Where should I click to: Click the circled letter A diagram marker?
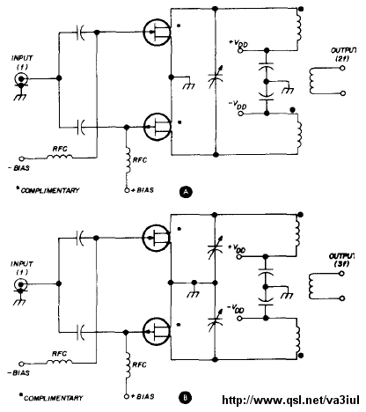tap(186, 192)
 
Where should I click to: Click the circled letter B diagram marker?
tap(185, 398)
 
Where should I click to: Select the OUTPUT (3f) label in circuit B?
tap(342, 260)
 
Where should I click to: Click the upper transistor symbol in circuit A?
tap(157, 32)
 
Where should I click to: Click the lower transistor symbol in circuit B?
tap(156, 332)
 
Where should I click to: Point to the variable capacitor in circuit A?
tap(216, 77)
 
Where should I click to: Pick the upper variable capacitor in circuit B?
tap(215, 247)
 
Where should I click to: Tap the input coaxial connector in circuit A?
tap(21, 78)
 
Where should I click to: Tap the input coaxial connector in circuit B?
tap(20, 284)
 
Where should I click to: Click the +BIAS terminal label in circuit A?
tap(143, 190)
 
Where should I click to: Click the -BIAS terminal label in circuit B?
tap(18, 373)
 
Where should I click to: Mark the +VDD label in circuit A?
tap(238, 44)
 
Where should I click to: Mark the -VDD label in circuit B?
tap(236, 309)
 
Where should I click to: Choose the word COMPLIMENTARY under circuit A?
tap(50, 191)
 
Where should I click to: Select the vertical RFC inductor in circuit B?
tap(128, 365)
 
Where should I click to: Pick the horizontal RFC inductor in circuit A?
tap(59, 158)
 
